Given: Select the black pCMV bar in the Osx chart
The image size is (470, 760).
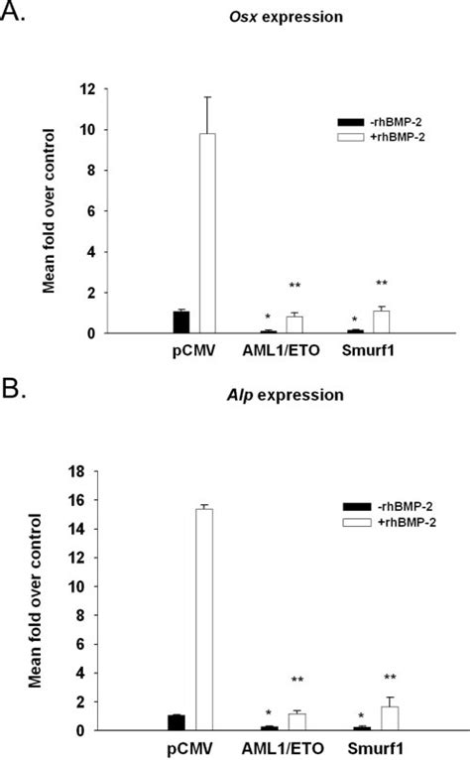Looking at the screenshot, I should (x=181, y=322).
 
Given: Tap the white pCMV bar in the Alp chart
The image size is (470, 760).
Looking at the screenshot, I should (x=206, y=619).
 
